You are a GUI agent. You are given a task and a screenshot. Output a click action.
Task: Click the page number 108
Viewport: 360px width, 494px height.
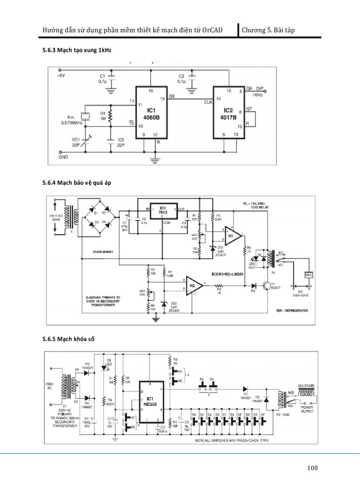point(312,468)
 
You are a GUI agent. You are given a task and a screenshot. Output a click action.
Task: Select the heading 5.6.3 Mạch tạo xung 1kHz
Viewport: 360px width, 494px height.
point(77,51)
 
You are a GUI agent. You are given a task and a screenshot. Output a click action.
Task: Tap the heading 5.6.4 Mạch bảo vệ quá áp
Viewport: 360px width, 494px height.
point(77,183)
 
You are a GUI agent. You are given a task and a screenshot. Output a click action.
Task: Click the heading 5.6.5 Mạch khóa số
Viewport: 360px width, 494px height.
point(68,339)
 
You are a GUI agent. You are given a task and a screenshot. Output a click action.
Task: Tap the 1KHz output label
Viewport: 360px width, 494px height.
point(258,95)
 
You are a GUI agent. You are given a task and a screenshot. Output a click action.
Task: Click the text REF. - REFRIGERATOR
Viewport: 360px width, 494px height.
point(291,312)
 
